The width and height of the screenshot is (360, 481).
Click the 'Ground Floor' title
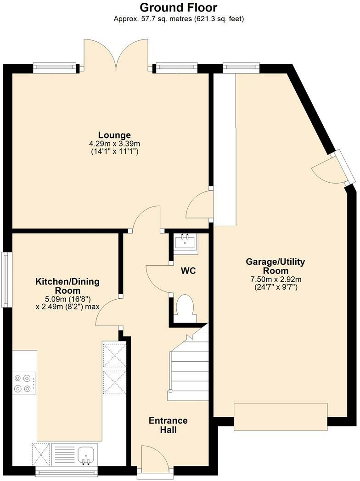[x=179, y=7]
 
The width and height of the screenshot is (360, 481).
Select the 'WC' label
[x=188, y=271]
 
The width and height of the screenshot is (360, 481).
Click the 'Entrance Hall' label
[x=168, y=425]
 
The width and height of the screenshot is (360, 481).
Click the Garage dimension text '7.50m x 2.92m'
[x=276, y=279]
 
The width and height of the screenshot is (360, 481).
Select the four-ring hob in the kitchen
[x=23, y=383]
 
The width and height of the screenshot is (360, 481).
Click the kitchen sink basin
[x=86, y=454]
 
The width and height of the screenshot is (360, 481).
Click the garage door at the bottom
[x=281, y=417]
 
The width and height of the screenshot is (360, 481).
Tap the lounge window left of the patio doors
[x=54, y=67]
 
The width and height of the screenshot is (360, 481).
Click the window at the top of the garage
[x=241, y=67]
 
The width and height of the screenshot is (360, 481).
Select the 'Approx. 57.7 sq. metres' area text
[x=179, y=19]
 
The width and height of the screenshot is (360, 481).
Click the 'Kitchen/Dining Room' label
[x=67, y=286]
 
